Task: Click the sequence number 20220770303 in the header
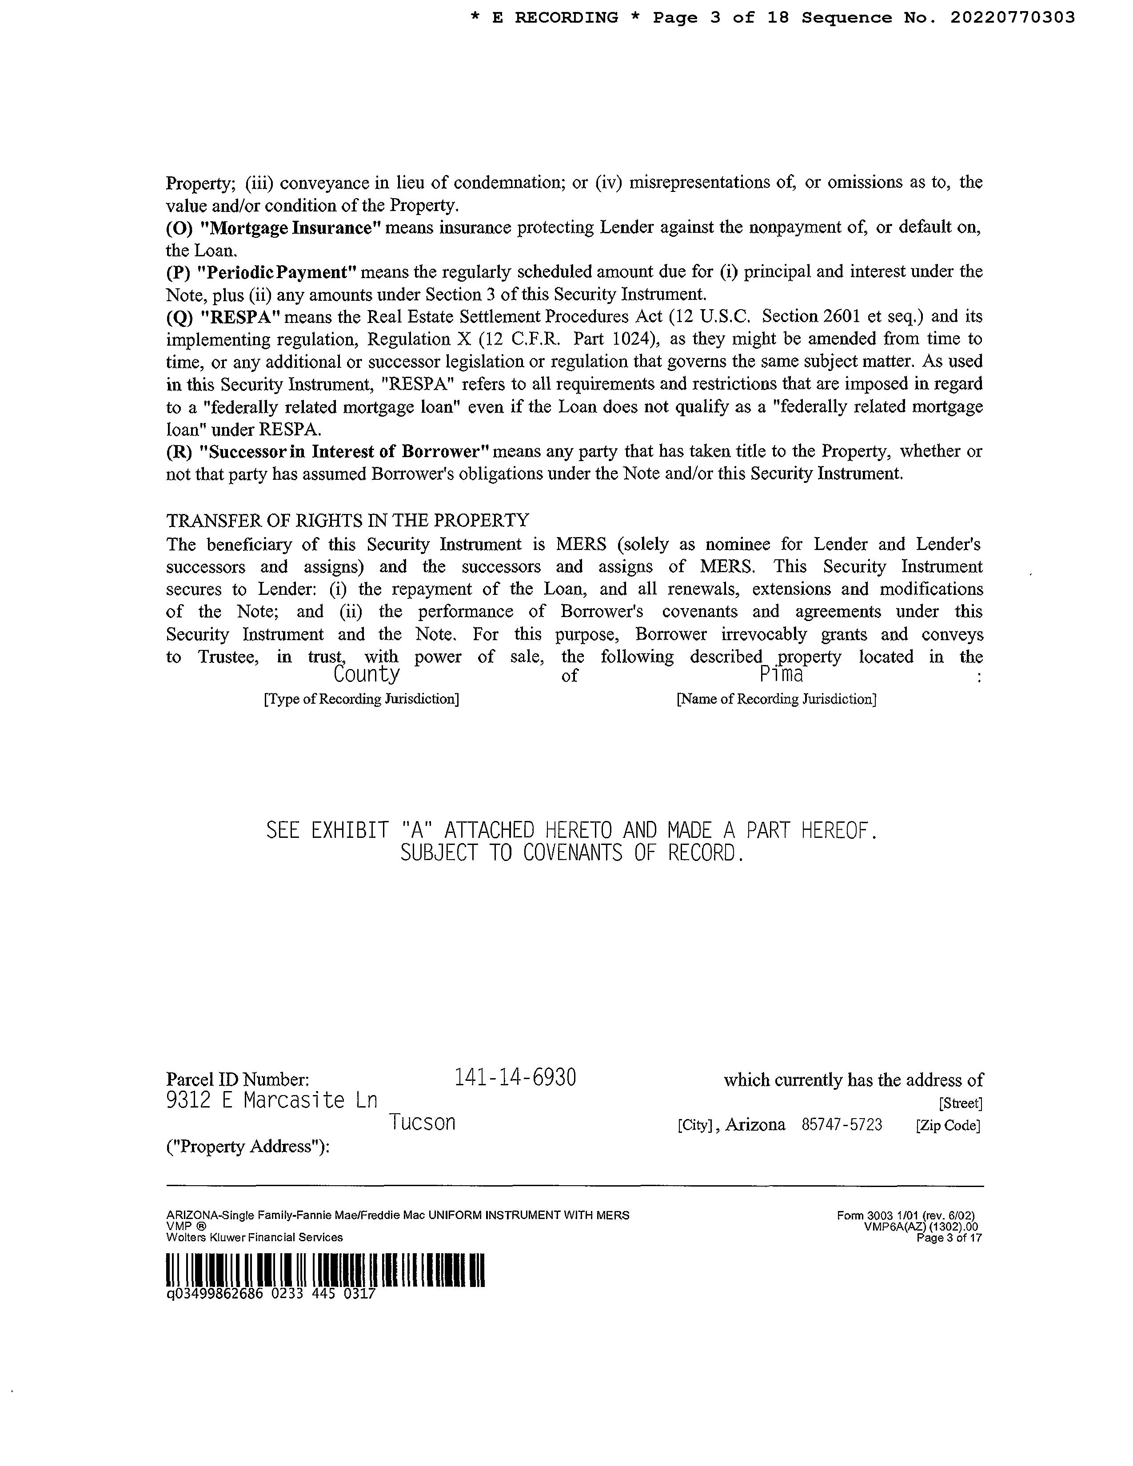(x=1012, y=17)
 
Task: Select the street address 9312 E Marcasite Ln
(x=271, y=1100)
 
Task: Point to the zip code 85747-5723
(x=842, y=1125)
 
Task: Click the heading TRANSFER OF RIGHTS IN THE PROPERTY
(x=347, y=520)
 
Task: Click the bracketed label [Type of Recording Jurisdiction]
(x=361, y=699)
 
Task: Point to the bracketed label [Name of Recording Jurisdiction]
(x=776, y=699)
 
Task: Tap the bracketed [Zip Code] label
(x=948, y=1126)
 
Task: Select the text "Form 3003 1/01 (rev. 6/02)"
(x=906, y=1215)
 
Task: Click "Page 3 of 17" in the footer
(x=949, y=1238)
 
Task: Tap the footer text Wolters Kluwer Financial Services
(x=255, y=1237)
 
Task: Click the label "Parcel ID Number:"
(x=238, y=1080)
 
